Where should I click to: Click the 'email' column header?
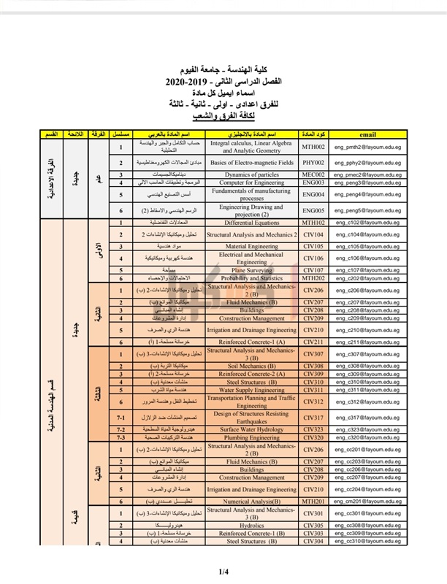click(369, 135)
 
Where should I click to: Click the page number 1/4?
click(223, 571)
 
